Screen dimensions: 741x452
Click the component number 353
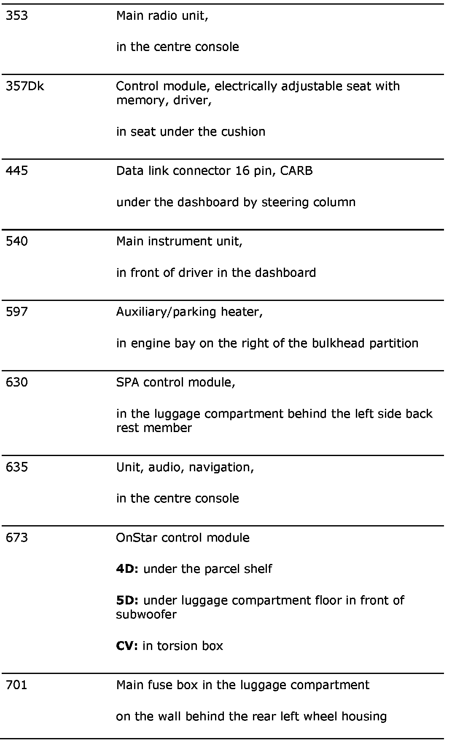[16, 16]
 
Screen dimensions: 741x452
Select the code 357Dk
[24, 86]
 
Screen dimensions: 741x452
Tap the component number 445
[16, 171]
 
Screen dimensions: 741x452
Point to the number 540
[16, 241]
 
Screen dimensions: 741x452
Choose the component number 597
[16, 311]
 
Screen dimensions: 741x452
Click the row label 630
[16, 382]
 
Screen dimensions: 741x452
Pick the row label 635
[16, 467]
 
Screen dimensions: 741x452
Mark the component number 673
[16, 537]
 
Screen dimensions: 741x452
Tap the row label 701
[16, 685]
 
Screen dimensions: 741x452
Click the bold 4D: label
[127, 569]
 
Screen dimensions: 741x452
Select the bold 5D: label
[127, 600]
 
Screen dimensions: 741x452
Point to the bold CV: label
[126, 646]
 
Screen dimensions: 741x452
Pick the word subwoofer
[146, 614]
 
